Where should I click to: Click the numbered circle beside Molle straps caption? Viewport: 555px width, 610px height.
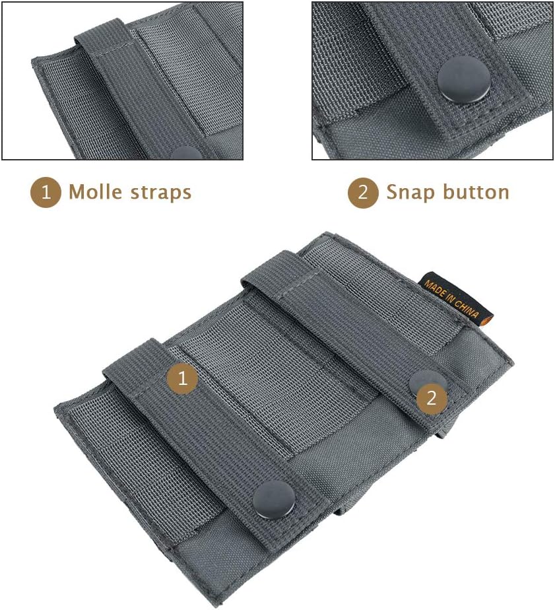point(46,192)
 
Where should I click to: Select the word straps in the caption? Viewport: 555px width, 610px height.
point(161,192)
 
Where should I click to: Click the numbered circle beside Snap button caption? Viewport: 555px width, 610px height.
point(363,193)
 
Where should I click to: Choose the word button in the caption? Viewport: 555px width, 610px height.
point(477,193)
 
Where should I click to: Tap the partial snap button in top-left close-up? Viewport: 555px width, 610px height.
point(187,153)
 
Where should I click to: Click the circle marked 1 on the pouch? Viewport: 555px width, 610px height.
point(182,378)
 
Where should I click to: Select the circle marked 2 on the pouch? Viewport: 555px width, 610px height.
point(432,398)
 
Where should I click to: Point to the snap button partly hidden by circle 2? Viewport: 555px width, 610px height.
point(422,381)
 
